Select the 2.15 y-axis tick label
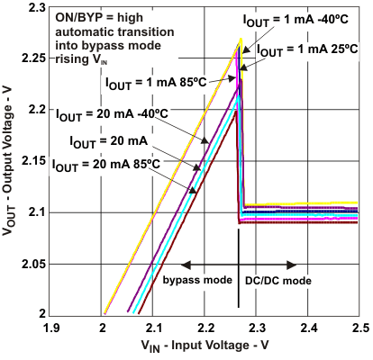pyautogui.click(x=32, y=160)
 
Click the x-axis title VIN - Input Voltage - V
pyautogui.click(x=206, y=346)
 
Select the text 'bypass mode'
pyautogui.click(x=196, y=281)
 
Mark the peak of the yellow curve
pyautogui.click(x=241, y=40)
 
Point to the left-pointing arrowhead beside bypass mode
pyautogui.click(x=185, y=265)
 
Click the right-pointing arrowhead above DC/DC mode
pyautogui.click(x=294, y=265)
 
